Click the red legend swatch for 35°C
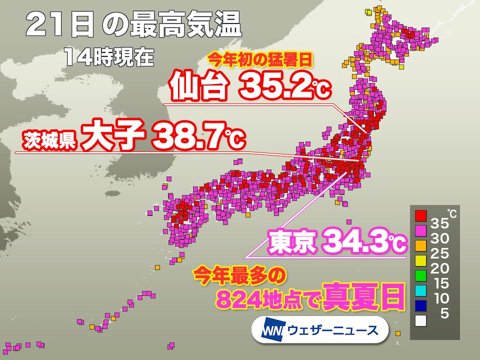pyautogui.click(x=420, y=215)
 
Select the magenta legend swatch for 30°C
pyautogui.click(x=420, y=230)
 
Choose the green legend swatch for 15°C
pyautogui.click(x=420, y=274)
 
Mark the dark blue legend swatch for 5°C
pyautogui.click(x=420, y=304)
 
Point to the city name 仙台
pyautogui.click(x=199, y=87)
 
